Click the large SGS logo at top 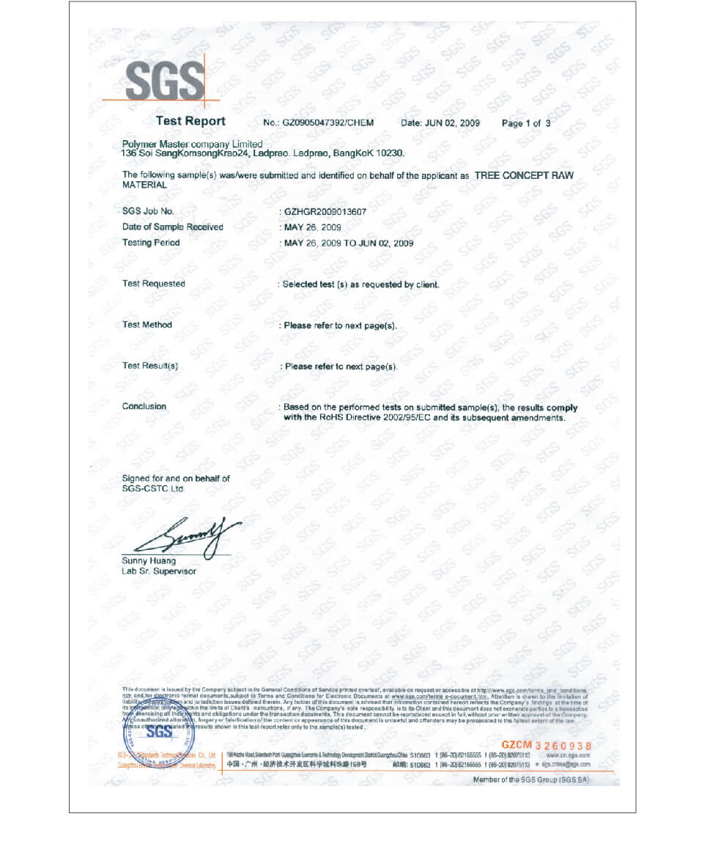pyautogui.click(x=165, y=81)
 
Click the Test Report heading pyautogui.click(x=190, y=122)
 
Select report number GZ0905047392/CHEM pyautogui.click(x=318, y=123)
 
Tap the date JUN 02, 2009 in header pyautogui.click(x=440, y=123)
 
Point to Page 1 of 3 pyautogui.click(x=525, y=123)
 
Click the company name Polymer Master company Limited pyautogui.click(x=192, y=144)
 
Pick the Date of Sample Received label pyautogui.click(x=172, y=227)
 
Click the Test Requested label pyautogui.click(x=153, y=284)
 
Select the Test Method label pyautogui.click(x=147, y=325)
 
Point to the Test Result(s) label pyautogui.click(x=149, y=366)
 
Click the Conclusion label pyautogui.click(x=144, y=406)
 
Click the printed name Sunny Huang pyautogui.click(x=149, y=561)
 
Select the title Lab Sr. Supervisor pyautogui.click(x=158, y=571)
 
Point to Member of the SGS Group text pyautogui.click(x=530, y=780)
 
